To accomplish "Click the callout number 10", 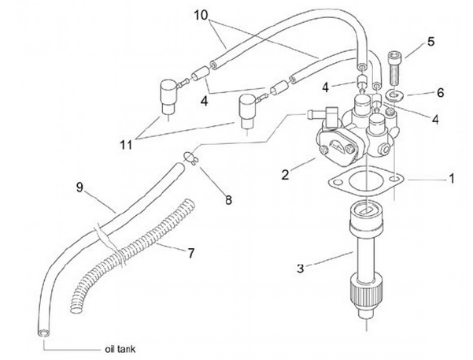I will tap(200, 14).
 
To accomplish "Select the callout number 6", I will tap(440, 92).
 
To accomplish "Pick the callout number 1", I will tap(452, 180).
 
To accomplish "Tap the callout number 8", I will tap(229, 200).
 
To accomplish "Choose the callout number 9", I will tap(79, 187).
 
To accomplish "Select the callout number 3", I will tap(301, 269).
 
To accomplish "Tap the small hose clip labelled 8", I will tap(190, 158).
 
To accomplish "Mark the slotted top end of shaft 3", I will tap(363, 211).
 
